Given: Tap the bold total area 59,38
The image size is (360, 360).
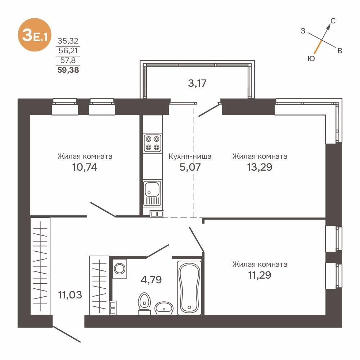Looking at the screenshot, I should [68, 70].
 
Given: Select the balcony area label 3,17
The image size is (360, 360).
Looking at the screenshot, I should [197, 83].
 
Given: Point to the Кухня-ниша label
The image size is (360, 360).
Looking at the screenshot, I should [190, 156].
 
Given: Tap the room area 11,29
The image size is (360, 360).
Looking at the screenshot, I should [260, 275].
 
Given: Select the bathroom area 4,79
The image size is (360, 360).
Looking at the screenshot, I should [151, 279].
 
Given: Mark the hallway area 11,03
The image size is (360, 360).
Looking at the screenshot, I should [70, 295].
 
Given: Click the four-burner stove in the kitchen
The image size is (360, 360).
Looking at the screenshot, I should [152, 143].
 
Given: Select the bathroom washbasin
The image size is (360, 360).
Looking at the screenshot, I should [164, 308].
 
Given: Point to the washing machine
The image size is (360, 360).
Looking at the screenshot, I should [119, 268].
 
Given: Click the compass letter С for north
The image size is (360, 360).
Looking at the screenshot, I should [333, 21].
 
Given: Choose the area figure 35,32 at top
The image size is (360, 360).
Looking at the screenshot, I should [68, 41].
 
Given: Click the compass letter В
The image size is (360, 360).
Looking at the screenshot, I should [339, 51].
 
